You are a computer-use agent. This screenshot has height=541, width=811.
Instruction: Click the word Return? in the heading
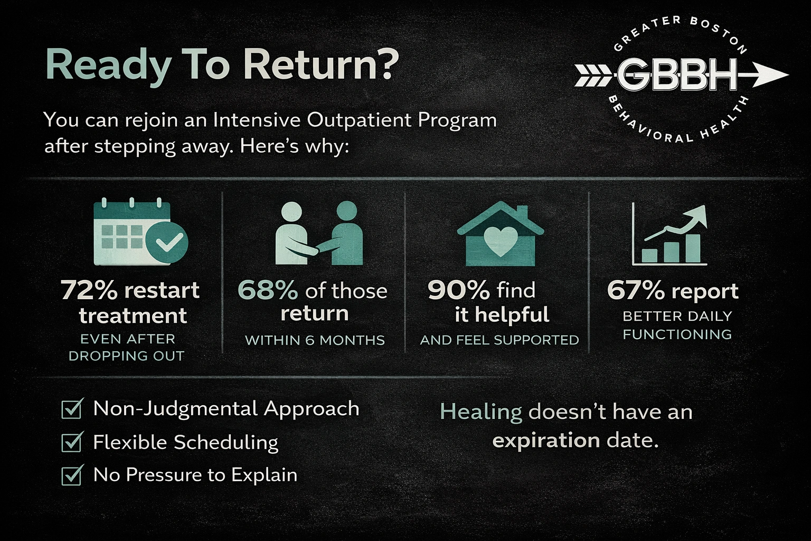pos(320,64)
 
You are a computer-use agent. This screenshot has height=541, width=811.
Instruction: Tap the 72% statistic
pos(89,290)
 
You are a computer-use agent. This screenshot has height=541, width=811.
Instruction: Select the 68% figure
pos(268,290)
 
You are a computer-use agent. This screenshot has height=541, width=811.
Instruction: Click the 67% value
pos(636,290)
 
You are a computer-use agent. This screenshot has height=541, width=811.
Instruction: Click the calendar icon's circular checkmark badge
pos(166,242)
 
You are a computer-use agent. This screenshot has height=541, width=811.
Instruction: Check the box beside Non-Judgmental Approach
pos(72,408)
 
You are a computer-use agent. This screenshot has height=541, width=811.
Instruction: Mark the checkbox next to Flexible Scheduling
pos(72,442)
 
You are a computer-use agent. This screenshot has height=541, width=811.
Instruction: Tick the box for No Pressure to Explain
pos(72,474)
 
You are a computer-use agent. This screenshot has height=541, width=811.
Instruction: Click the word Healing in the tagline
pos(480,412)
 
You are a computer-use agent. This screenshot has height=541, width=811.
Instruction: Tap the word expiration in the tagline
pos(546,440)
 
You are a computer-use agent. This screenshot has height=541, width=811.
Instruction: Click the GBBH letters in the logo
pos(676,75)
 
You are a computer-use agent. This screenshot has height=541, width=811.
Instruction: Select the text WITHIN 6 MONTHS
pos(315,340)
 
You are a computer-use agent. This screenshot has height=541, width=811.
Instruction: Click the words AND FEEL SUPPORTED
pos(499,340)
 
